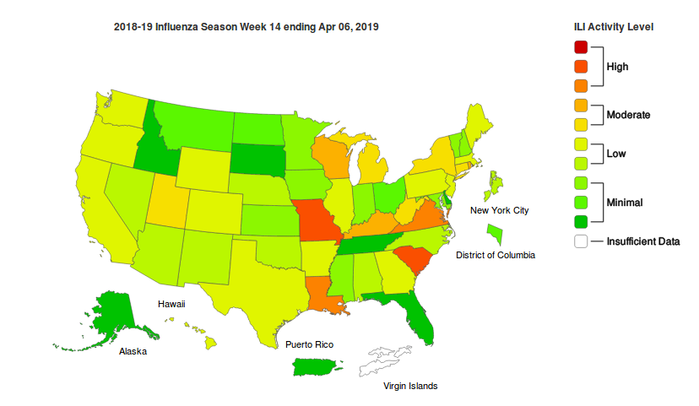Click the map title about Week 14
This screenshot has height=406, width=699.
(246, 27)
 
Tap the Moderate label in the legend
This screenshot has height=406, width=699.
(628, 114)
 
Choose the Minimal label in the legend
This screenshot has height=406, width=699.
(625, 202)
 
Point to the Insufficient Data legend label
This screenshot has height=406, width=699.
(643, 241)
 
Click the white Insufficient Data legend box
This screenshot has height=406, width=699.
(581, 241)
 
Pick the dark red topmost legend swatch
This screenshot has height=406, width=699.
(581, 46)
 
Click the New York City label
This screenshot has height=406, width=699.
(499, 210)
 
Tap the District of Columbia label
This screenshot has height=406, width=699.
(495, 255)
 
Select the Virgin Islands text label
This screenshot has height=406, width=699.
(410, 386)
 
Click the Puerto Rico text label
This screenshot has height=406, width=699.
(309, 344)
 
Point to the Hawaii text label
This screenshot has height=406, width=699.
(171, 303)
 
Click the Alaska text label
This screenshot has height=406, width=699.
(133, 352)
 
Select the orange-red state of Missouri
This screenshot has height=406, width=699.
(317, 222)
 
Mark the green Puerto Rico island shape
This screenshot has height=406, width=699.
(317, 367)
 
